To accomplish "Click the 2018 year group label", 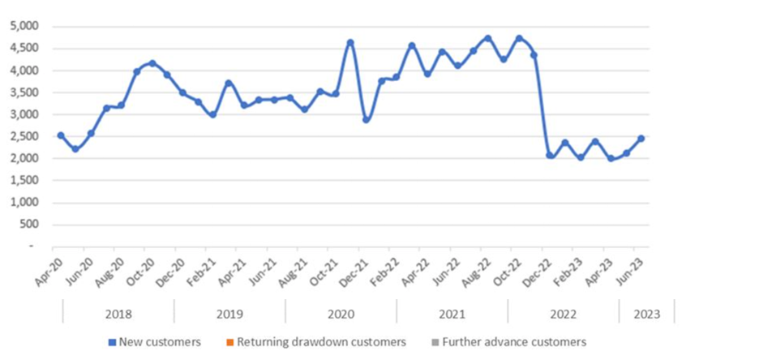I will click(118, 312).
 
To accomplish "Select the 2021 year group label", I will click(452, 312).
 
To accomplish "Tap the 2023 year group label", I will click(646, 312).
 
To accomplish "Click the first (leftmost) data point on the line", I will click(61, 135).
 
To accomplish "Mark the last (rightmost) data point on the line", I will click(641, 138).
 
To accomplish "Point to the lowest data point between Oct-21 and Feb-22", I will click(367, 119).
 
